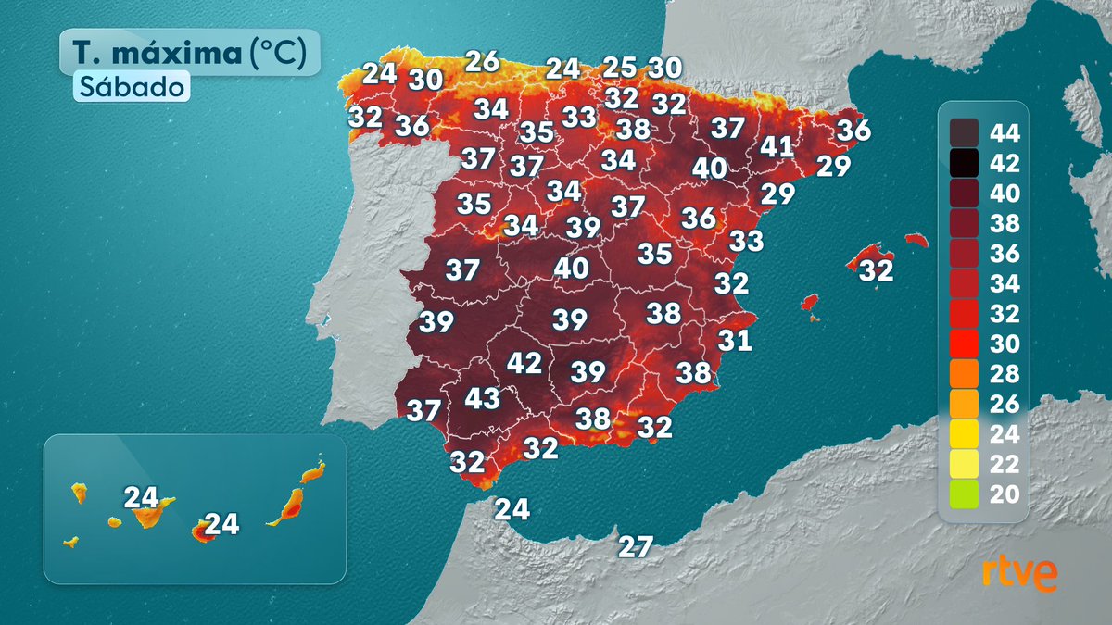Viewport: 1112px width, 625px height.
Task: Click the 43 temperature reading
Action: [x=482, y=399]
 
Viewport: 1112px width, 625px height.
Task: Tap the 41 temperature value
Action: [x=777, y=147]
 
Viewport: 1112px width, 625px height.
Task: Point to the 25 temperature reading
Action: [x=620, y=68]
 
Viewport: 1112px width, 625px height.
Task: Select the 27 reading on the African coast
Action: [x=637, y=546]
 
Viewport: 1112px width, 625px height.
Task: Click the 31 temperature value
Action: [x=735, y=341]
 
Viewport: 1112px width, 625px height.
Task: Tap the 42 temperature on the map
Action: [x=524, y=363]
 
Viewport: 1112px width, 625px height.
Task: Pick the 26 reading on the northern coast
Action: [x=483, y=62]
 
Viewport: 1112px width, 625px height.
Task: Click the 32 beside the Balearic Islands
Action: [x=876, y=271]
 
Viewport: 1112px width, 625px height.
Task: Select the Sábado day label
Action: [x=132, y=86]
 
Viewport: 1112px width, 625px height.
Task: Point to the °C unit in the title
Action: [x=277, y=53]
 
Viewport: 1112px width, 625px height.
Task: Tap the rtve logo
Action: [x=1020, y=574]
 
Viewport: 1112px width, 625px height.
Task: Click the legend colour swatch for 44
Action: [x=964, y=133]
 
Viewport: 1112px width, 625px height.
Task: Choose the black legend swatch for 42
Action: [x=964, y=164]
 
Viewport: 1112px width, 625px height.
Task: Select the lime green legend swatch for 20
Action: [x=964, y=494]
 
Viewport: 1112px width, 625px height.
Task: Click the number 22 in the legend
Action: [x=1005, y=464]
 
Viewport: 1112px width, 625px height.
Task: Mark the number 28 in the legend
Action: [x=1005, y=374]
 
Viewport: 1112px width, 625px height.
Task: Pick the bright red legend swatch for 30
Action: [x=964, y=344]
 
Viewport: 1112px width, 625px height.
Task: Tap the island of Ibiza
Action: [x=810, y=303]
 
